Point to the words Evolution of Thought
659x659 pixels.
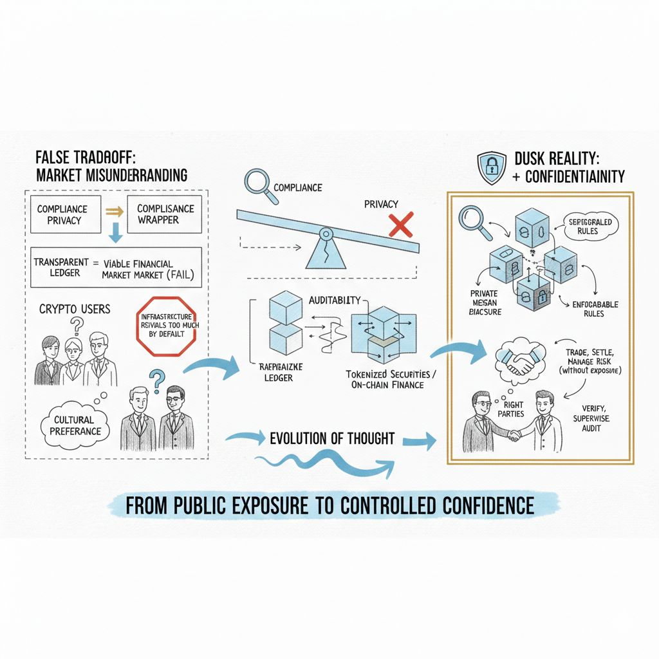coord(332,439)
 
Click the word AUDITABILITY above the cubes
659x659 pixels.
coord(335,301)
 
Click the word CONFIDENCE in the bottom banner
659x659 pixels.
coord(483,505)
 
